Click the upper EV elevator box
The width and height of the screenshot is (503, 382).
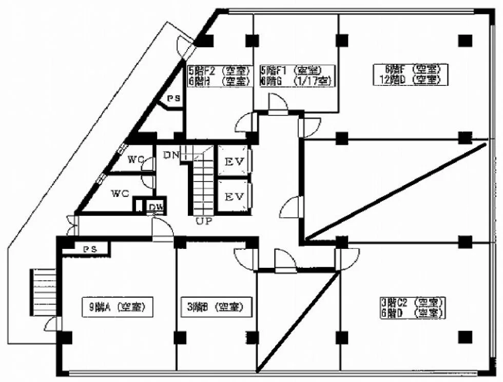(233, 161)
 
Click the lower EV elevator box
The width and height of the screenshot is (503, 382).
(233, 196)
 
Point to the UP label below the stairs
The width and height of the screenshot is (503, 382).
(203, 221)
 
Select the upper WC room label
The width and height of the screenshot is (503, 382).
(136, 159)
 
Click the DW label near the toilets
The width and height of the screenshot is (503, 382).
(153, 207)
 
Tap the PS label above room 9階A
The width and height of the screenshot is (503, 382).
(89, 249)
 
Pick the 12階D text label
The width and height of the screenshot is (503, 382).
(389, 80)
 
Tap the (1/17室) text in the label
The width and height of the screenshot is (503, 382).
(313, 81)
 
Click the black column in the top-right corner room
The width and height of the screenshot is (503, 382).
(465, 40)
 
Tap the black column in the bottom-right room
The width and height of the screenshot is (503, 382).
(465, 337)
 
